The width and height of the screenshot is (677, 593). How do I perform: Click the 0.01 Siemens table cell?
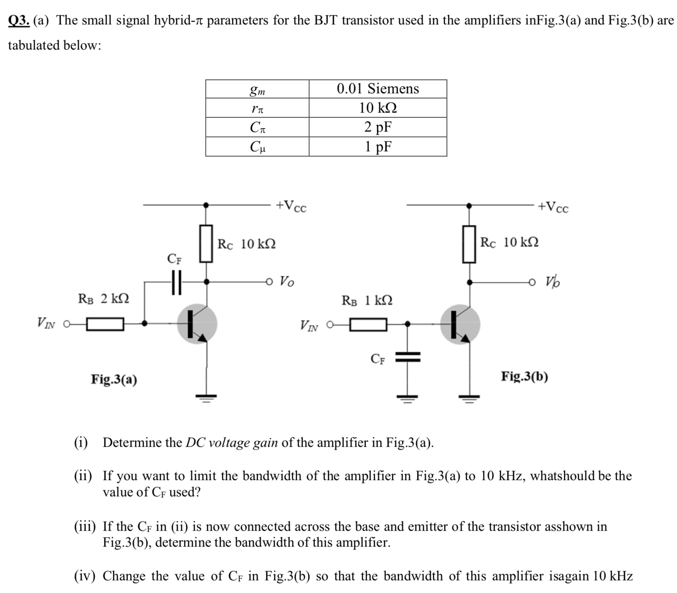378,89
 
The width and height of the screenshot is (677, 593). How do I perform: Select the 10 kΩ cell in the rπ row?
378,108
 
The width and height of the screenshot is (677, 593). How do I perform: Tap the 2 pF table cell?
378,127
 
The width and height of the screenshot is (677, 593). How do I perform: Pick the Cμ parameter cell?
257,147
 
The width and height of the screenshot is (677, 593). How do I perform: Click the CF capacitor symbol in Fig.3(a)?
176,282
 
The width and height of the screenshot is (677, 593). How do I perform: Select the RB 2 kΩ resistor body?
105,324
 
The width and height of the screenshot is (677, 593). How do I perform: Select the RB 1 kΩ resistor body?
368,325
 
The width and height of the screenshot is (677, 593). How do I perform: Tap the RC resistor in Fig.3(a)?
206,244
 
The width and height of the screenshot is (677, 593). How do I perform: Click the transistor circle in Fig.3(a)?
197,324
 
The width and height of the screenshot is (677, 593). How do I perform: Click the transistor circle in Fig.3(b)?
460,325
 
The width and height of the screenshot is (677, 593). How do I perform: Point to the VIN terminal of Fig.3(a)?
66,324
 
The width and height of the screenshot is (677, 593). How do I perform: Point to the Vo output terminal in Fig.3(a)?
269,282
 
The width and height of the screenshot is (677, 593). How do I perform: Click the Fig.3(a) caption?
114,379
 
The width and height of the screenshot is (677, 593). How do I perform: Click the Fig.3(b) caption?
524,376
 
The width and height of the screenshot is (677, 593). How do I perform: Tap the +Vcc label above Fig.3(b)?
553,207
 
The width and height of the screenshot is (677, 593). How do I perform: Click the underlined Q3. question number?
19,21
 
